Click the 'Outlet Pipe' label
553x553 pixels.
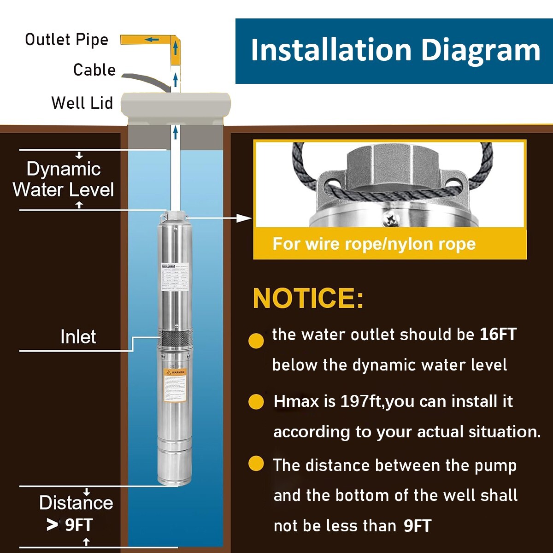point(66,40)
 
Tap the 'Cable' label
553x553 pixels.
point(94,70)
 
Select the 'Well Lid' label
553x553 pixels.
point(82,103)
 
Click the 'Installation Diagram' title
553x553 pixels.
point(395,50)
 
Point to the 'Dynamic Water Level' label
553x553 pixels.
point(64,179)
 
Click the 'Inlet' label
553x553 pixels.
point(78,337)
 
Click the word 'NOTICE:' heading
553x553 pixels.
point(308,298)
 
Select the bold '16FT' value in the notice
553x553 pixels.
point(498,334)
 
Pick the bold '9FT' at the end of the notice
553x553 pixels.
point(417,526)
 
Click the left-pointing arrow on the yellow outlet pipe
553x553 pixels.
point(151,40)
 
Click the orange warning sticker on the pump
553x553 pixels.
point(175,385)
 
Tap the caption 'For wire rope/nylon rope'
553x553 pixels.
point(374,244)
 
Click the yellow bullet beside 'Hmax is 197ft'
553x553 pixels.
point(256,402)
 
